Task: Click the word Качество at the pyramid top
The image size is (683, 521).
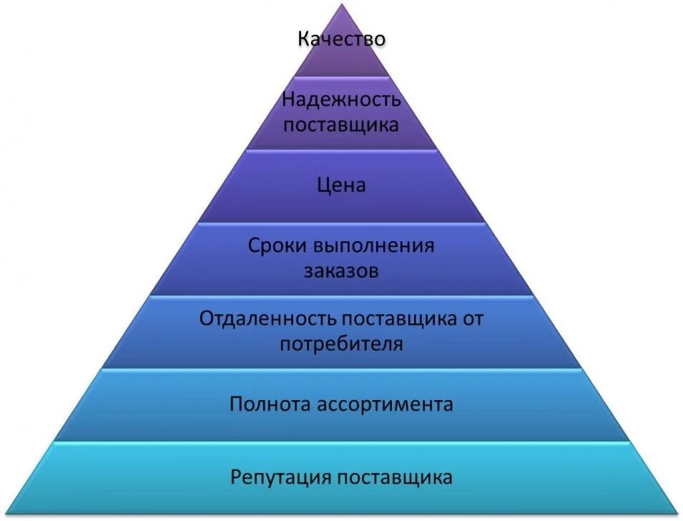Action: click(341, 39)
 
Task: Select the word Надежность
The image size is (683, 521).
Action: click(341, 99)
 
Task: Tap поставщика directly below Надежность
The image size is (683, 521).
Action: click(341, 125)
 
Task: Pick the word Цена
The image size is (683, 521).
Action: click(341, 186)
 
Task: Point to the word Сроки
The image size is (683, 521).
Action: click(277, 246)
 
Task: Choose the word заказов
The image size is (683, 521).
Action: click(341, 272)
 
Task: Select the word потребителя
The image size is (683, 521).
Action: click(341, 344)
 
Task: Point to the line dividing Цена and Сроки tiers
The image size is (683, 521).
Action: click(341, 222)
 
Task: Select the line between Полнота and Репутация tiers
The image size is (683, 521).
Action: click(341, 442)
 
